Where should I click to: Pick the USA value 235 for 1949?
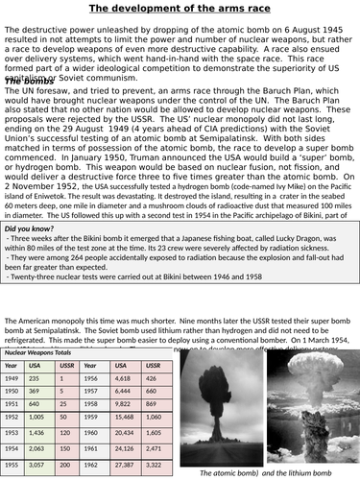(x=35, y=378)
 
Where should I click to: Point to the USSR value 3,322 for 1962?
(x=156, y=464)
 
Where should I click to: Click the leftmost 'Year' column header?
(x=12, y=366)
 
